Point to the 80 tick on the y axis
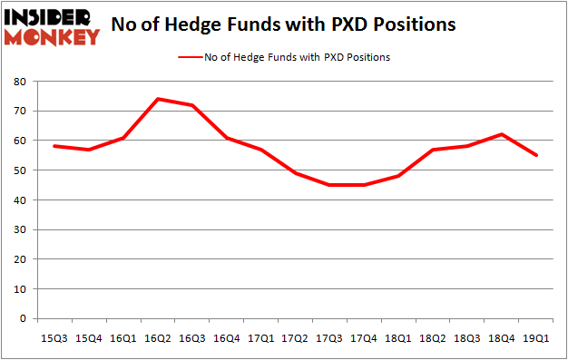pos(19,82)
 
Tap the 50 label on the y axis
pos(19,170)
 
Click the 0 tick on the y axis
pos(23,318)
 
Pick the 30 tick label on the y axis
pos(19,229)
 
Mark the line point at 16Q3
pos(191,105)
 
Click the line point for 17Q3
pos(329,185)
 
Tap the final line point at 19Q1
pos(536,155)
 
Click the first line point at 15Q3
pos(54,146)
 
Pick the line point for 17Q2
pos(295,173)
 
